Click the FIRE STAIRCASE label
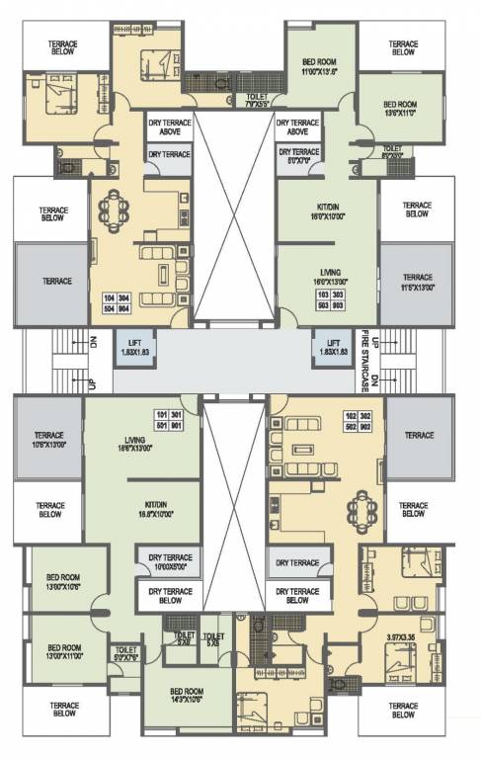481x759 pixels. [363, 362]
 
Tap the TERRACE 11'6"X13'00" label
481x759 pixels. [418, 282]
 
